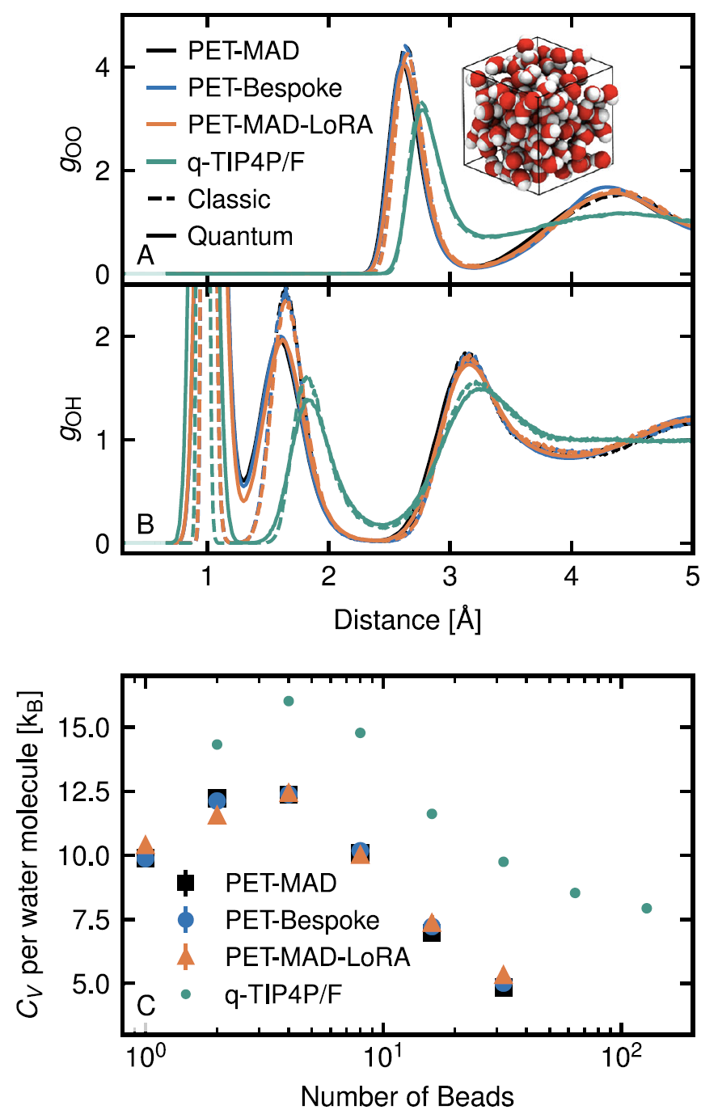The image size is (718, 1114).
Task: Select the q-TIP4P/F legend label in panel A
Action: [x=250, y=162]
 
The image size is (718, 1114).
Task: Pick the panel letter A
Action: [x=146, y=256]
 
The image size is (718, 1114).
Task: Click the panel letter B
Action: [x=146, y=525]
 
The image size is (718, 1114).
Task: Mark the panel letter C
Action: [x=146, y=1006]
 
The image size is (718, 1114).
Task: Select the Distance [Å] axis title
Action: [x=408, y=620]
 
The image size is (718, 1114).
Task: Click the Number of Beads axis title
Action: [x=408, y=1096]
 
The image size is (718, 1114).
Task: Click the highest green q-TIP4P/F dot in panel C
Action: [x=289, y=701]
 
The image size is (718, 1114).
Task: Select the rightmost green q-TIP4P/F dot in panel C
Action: [x=647, y=908]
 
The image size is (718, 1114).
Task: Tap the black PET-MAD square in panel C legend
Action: [x=186, y=883]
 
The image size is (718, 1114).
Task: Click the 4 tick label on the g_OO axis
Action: [x=102, y=67]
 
